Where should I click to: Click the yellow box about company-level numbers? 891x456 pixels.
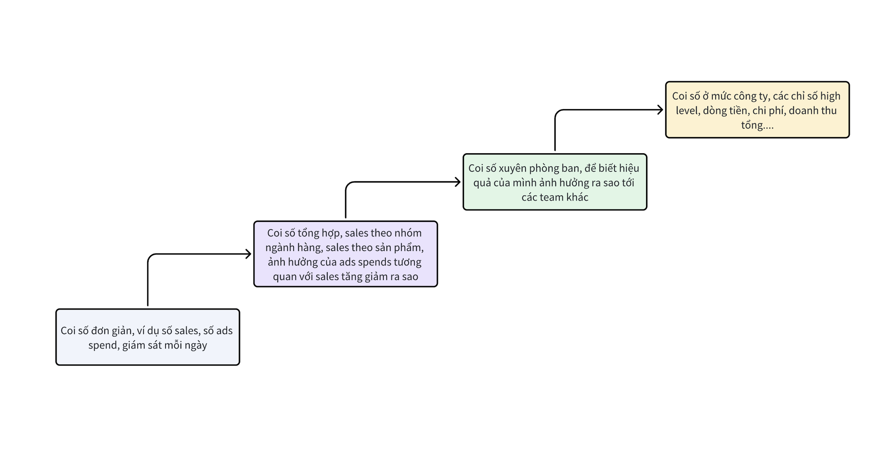coord(757,110)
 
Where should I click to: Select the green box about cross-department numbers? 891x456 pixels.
coord(555,182)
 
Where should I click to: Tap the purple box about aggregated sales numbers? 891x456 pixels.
coord(345,254)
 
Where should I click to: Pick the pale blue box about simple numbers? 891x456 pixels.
coord(148,337)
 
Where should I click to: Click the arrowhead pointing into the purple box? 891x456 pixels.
coord(248,254)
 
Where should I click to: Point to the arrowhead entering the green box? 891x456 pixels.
coord(458,182)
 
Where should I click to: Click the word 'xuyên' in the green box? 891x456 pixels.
coord(512,168)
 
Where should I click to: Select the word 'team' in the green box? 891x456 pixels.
coord(552,197)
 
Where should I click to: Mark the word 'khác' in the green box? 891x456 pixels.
coord(577,197)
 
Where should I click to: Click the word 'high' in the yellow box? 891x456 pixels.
coord(830,96)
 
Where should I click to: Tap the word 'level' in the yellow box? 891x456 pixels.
coord(687,111)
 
